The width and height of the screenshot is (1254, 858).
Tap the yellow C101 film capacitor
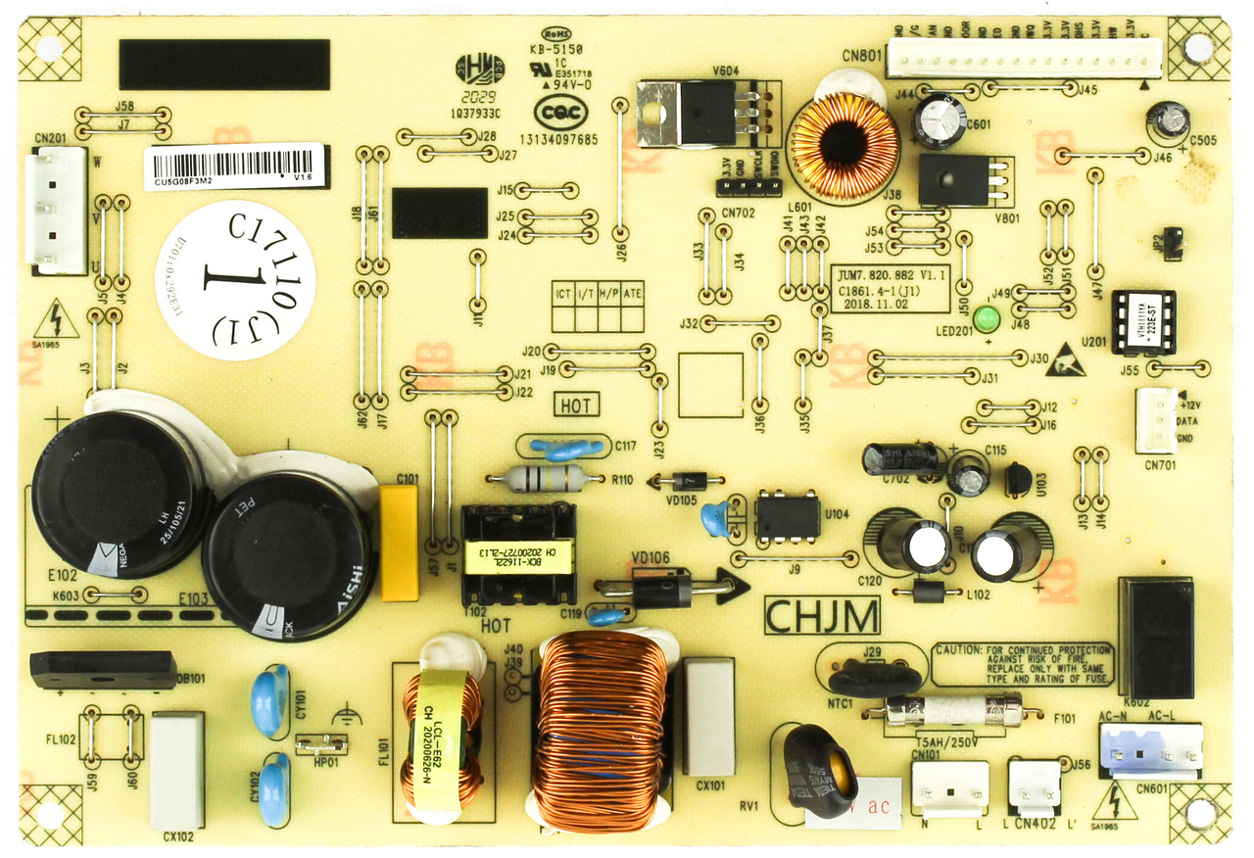point(399,543)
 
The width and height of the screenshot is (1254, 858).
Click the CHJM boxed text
point(821,617)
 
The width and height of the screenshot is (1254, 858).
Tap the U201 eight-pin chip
point(1143,321)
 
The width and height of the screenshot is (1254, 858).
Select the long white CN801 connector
point(1023,59)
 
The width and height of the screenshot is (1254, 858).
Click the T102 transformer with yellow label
point(517,554)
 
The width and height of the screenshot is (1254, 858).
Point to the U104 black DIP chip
point(788,516)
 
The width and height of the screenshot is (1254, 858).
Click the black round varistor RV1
point(821,770)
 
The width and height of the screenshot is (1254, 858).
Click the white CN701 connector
point(1156,420)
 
